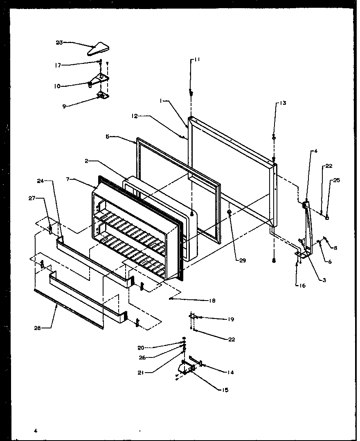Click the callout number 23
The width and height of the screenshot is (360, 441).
[x=59, y=43]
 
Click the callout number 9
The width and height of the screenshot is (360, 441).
[x=64, y=106]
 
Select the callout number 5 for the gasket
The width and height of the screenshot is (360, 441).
[x=107, y=137]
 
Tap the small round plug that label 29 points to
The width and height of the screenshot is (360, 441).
[x=229, y=213]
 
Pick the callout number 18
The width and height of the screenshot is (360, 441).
[x=211, y=301]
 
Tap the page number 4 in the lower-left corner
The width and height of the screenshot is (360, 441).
[x=36, y=430]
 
